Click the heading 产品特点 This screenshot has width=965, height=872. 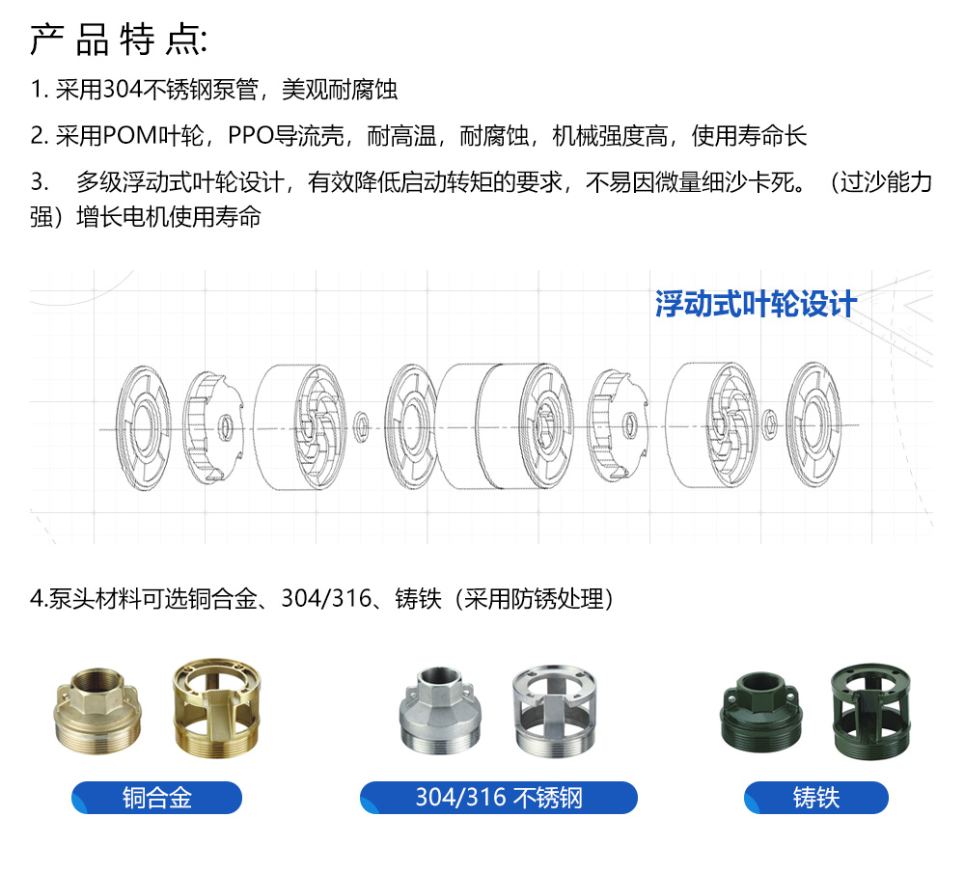pyautogui.click(x=118, y=41)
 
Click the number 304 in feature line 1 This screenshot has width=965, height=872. pyautogui.click(x=123, y=90)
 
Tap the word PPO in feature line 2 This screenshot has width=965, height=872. pyautogui.click(x=250, y=136)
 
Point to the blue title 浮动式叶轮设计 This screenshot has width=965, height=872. pyautogui.click(x=756, y=304)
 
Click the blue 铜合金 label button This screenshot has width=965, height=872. pyautogui.click(x=157, y=798)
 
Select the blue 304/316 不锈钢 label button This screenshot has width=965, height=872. pyautogui.click(x=499, y=798)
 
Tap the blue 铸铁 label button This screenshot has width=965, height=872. pyautogui.click(x=816, y=798)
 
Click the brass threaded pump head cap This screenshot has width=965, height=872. pyautogui.click(x=97, y=711)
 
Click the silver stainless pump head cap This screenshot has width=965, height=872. pyautogui.click(x=440, y=710)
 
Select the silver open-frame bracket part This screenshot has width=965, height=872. pyautogui.click(x=555, y=711)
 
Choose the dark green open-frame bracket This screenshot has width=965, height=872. pyautogui.click(x=870, y=711)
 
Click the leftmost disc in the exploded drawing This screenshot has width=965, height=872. pyautogui.click(x=144, y=427)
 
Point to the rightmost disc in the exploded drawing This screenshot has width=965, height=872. pyautogui.click(x=813, y=424)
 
